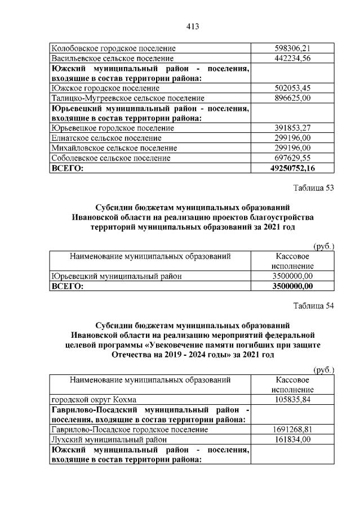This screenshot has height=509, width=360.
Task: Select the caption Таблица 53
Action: pos(314,188)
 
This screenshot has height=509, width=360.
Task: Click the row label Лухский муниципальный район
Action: pos(109,439)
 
